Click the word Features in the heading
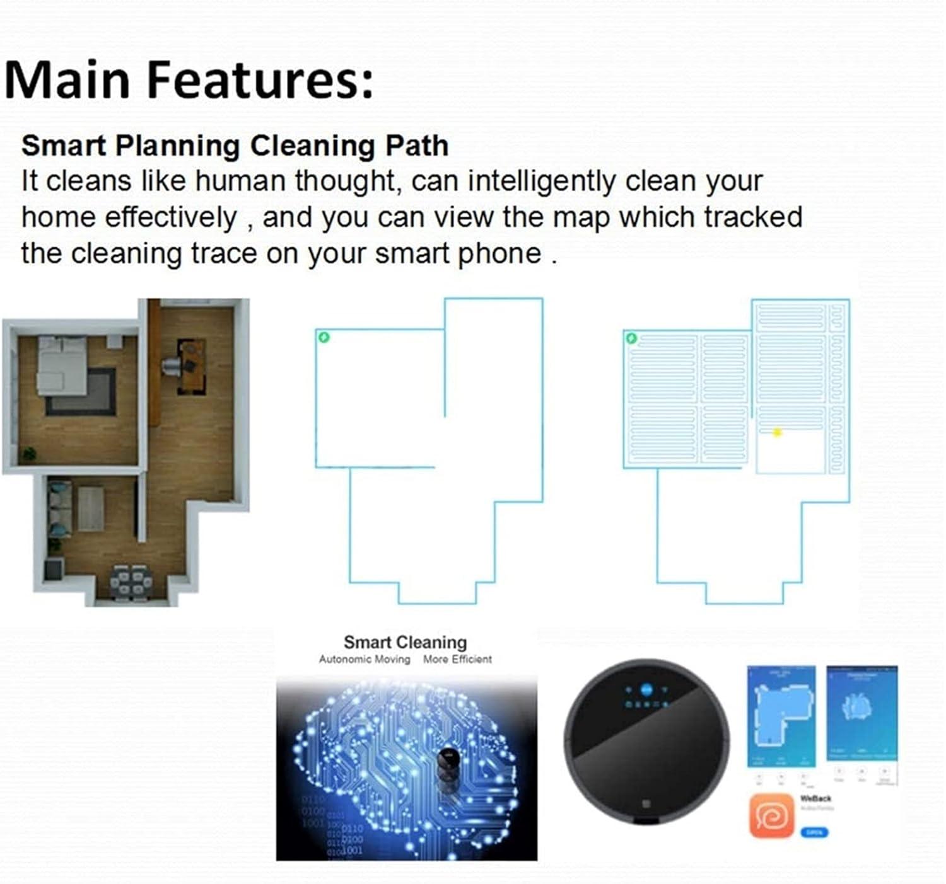pyautogui.click(x=260, y=80)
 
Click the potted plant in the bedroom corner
pyautogui.click(x=29, y=453)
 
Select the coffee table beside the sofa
pyautogui.click(x=91, y=508)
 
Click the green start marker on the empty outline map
pyautogui.click(x=324, y=337)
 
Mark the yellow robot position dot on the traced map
pyautogui.click(x=777, y=432)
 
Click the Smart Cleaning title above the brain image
pyautogui.click(x=405, y=642)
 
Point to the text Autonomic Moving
pyautogui.click(x=364, y=660)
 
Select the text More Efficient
pyautogui.click(x=457, y=660)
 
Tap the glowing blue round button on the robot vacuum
pyautogui.click(x=646, y=689)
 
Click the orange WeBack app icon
pyautogui.click(x=771, y=815)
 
